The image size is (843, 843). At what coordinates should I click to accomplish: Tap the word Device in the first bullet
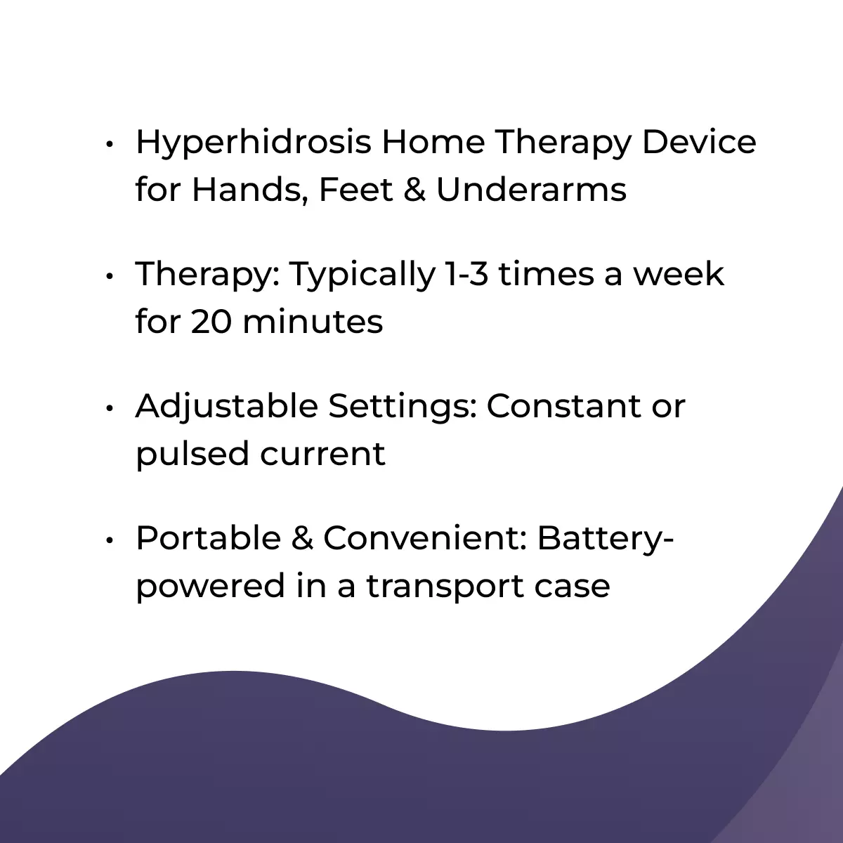699,142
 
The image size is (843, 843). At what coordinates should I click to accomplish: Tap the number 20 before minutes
211,322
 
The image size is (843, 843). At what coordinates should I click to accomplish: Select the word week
679,273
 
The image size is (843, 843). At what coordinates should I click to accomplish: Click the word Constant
564,407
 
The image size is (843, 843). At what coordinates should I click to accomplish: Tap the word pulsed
192,454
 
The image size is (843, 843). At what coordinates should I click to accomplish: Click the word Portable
208,537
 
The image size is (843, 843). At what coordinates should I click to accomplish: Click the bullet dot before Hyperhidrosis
110,144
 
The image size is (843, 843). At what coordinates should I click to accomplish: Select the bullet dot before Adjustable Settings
110,408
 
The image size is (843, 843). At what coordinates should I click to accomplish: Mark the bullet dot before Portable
110,540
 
